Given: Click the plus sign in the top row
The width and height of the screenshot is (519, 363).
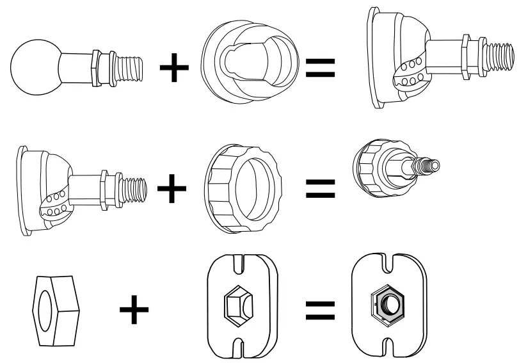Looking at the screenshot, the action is tap(174, 67).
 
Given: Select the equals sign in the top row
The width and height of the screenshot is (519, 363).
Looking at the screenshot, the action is tap(321, 67).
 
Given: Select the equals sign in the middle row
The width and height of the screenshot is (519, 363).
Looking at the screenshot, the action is tap(320, 188).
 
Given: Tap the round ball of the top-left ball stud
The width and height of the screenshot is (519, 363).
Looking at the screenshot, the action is tap(36, 67).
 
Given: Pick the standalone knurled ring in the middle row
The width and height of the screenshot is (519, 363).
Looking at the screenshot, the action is tap(243, 188).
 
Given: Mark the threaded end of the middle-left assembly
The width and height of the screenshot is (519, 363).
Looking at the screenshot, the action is tap(135, 189).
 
